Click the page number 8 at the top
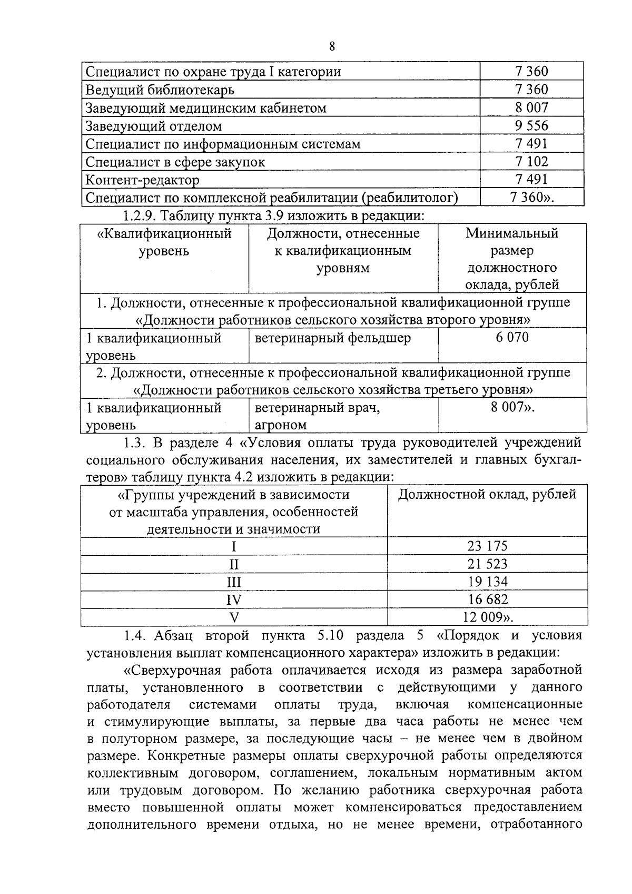tap(331, 46)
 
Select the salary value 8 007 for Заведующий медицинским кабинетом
tap(531, 107)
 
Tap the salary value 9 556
tap(531, 125)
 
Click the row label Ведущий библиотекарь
tap(160, 90)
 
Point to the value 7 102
tap(531, 161)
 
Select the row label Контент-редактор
tap(142, 180)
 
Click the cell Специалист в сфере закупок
tap(175, 162)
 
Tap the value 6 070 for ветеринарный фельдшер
tap(511, 337)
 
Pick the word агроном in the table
tap(280, 425)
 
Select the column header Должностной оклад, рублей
tap(487, 494)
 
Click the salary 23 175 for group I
tap(487, 546)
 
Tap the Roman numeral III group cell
tap(233, 582)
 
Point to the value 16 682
tap(488, 600)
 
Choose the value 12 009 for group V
tap(487, 617)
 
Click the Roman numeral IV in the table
tap(233, 600)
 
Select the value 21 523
tap(487, 564)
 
